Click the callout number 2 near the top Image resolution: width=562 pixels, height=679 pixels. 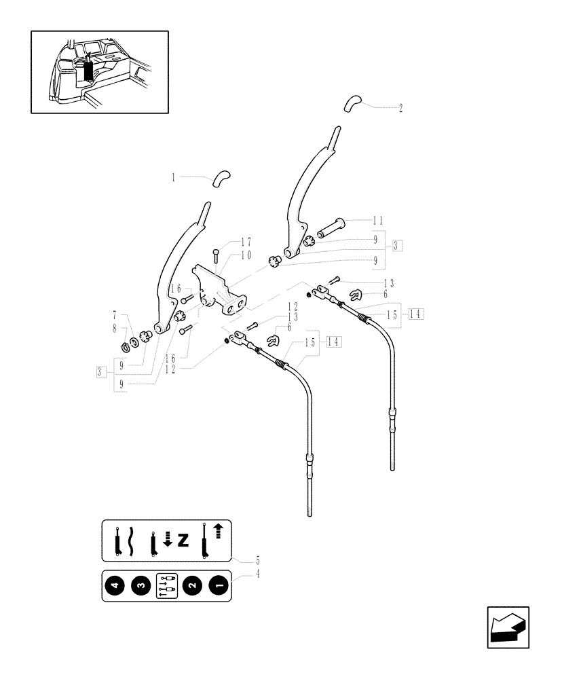tap(400, 108)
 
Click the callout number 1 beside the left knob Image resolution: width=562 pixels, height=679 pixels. tap(173, 177)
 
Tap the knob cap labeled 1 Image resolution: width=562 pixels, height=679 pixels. tap(221, 178)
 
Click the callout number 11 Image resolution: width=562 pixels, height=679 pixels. tap(378, 221)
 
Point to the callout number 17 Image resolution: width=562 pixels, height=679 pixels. tap(227, 242)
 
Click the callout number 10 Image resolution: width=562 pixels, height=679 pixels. tap(227, 255)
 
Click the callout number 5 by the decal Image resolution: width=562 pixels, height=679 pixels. tap(257, 562)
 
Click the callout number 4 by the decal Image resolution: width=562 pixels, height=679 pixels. tap(257, 574)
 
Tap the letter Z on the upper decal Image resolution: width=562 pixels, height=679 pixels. tap(182, 540)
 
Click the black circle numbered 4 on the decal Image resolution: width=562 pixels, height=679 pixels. tap(115, 585)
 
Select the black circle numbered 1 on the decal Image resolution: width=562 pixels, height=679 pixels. tap(217, 585)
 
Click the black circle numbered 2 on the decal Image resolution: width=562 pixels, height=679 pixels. tap(192, 585)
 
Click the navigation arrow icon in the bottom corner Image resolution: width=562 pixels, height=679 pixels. tap(507, 627)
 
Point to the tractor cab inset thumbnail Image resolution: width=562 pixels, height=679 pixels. tap(99, 71)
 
